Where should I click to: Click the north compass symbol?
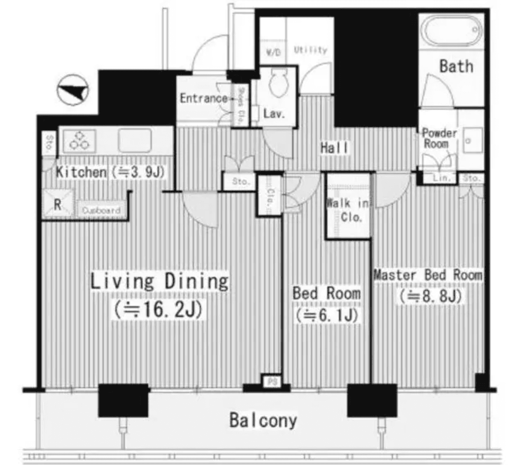click(73, 90)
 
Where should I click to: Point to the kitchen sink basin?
click(135, 140)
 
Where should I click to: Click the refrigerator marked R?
click(58, 204)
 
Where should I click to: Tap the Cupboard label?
click(101, 210)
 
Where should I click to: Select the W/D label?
click(272, 53)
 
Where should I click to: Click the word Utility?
click(310, 50)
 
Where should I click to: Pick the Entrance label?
click(203, 98)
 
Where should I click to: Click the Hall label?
click(334, 148)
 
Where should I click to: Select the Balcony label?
click(263, 420)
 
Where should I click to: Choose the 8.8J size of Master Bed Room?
click(430, 295)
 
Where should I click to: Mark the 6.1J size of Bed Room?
click(326, 315)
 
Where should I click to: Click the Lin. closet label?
click(442, 178)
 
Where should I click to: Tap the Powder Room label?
click(439, 139)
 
